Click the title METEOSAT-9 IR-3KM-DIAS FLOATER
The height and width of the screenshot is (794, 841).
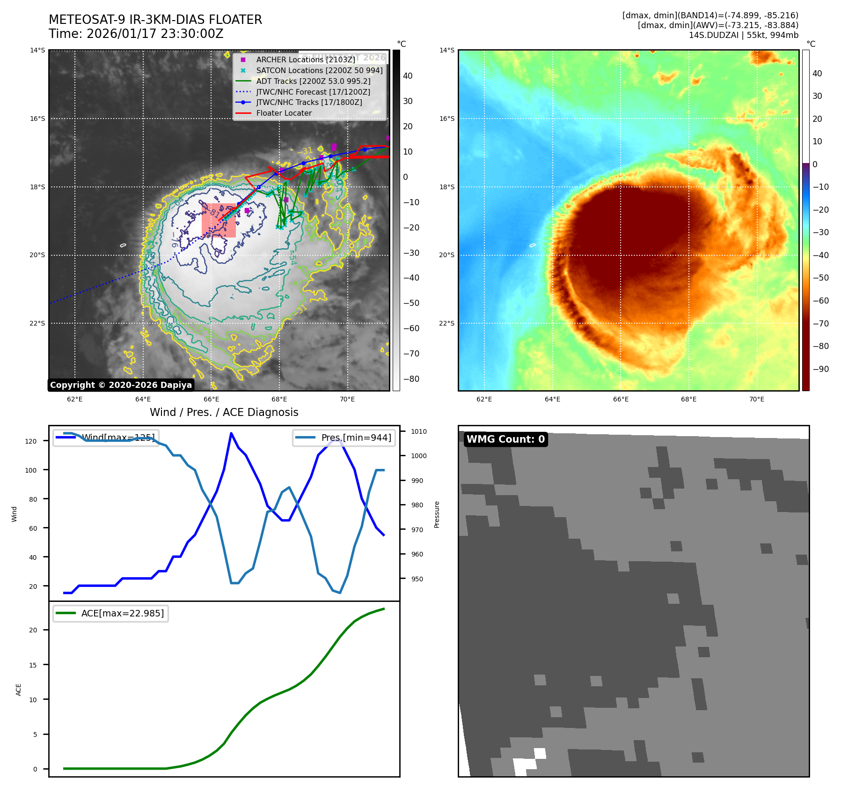point(155,20)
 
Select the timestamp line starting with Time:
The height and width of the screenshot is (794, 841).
point(136,34)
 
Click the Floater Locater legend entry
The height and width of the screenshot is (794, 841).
point(284,113)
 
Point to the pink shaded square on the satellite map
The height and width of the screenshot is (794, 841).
point(219,220)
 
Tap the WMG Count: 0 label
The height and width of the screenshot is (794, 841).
point(505,439)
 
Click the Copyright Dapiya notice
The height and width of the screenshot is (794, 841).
point(121,385)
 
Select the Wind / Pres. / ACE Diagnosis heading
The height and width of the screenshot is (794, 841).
point(224,412)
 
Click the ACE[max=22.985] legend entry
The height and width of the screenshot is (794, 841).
point(122,613)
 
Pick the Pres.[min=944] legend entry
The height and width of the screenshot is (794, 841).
point(356,438)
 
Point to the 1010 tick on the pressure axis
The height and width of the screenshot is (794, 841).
point(419,431)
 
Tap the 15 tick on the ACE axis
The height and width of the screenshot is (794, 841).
point(33,665)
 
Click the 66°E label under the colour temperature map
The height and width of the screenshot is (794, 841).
point(621,400)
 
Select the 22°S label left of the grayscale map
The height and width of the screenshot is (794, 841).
point(37,324)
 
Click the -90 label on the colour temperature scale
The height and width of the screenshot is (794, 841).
point(820,369)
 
